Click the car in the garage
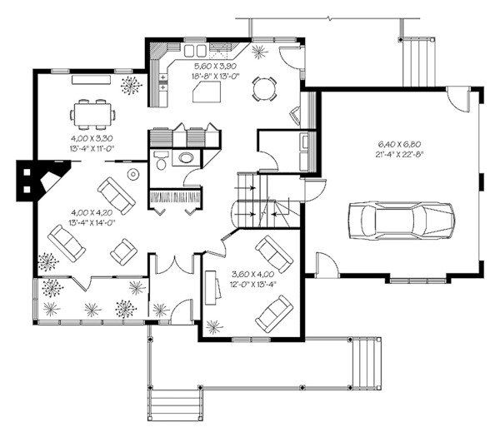(402, 220)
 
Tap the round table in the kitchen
(263, 89)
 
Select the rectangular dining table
(92, 114)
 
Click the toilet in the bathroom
(160, 161)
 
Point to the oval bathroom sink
(186, 157)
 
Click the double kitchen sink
(194, 51)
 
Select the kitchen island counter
(207, 92)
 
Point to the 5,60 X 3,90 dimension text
(215, 66)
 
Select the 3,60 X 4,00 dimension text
(252, 274)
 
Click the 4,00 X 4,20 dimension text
(92, 212)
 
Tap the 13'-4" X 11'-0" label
(92, 148)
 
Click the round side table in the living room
(133, 174)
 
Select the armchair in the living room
(123, 252)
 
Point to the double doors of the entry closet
(174, 265)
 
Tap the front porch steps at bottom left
(174, 404)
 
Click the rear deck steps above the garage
(418, 62)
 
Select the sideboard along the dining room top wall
(91, 80)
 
